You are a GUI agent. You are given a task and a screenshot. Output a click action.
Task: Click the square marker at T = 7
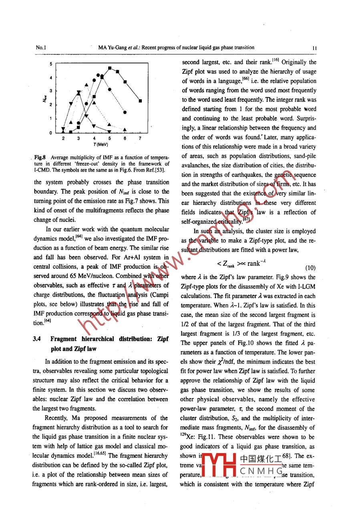click(x=140, y=101)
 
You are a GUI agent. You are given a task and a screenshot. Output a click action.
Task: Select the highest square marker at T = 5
click(x=110, y=68)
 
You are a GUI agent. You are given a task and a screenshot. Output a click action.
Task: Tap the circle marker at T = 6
click(x=125, y=113)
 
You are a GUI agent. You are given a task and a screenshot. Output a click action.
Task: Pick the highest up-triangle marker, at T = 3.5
click(x=86, y=85)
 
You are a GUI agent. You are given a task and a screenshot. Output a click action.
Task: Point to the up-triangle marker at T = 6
click(x=125, y=130)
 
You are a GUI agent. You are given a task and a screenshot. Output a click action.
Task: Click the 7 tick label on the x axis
click(x=140, y=138)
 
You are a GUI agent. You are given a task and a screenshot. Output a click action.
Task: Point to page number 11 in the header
click(x=315, y=48)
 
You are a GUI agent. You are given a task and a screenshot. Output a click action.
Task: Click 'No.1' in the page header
click(x=40, y=48)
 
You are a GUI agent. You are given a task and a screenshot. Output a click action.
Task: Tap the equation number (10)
click(x=311, y=267)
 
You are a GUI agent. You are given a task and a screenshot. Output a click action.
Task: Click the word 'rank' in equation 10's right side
click(x=254, y=263)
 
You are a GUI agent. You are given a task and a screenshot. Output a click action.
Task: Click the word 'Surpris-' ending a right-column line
click(x=304, y=119)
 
